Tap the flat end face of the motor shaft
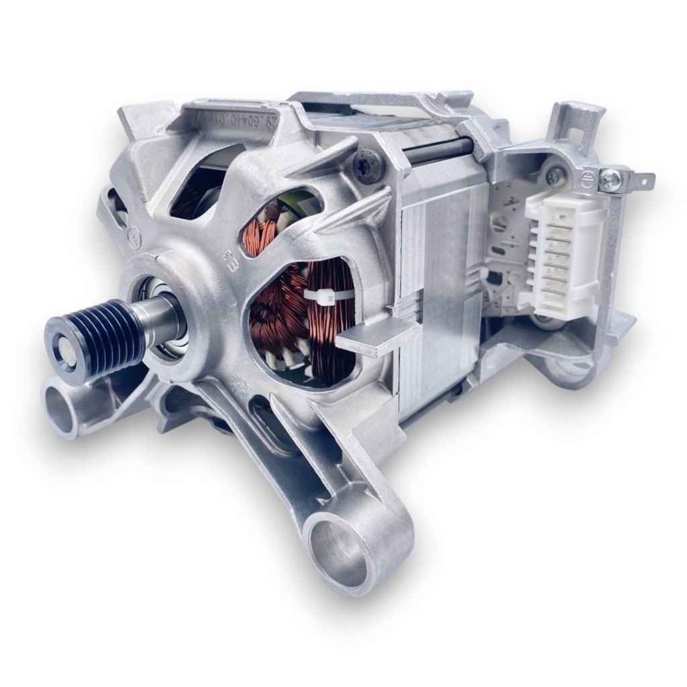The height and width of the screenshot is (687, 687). coord(68,354)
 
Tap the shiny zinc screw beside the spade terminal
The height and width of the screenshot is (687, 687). coord(611,179)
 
